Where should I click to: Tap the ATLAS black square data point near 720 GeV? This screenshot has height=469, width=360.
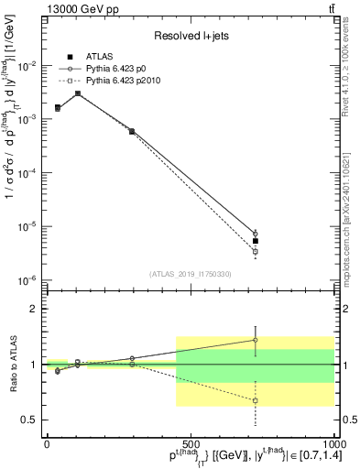pyautogui.click(x=256, y=241)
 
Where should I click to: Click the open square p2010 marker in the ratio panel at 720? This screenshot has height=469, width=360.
pyautogui.click(x=256, y=400)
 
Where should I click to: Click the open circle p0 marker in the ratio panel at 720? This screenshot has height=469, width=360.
pyautogui.click(x=256, y=340)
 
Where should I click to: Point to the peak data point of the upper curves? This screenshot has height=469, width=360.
pyautogui.click(x=78, y=93)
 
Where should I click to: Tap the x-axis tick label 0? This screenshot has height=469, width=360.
pyautogui.click(x=47, y=443)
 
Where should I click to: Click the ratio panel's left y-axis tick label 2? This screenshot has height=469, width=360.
pyautogui.click(x=35, y=309)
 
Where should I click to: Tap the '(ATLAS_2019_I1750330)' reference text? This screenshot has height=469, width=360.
pyautogui.click(x=190, y=273)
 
